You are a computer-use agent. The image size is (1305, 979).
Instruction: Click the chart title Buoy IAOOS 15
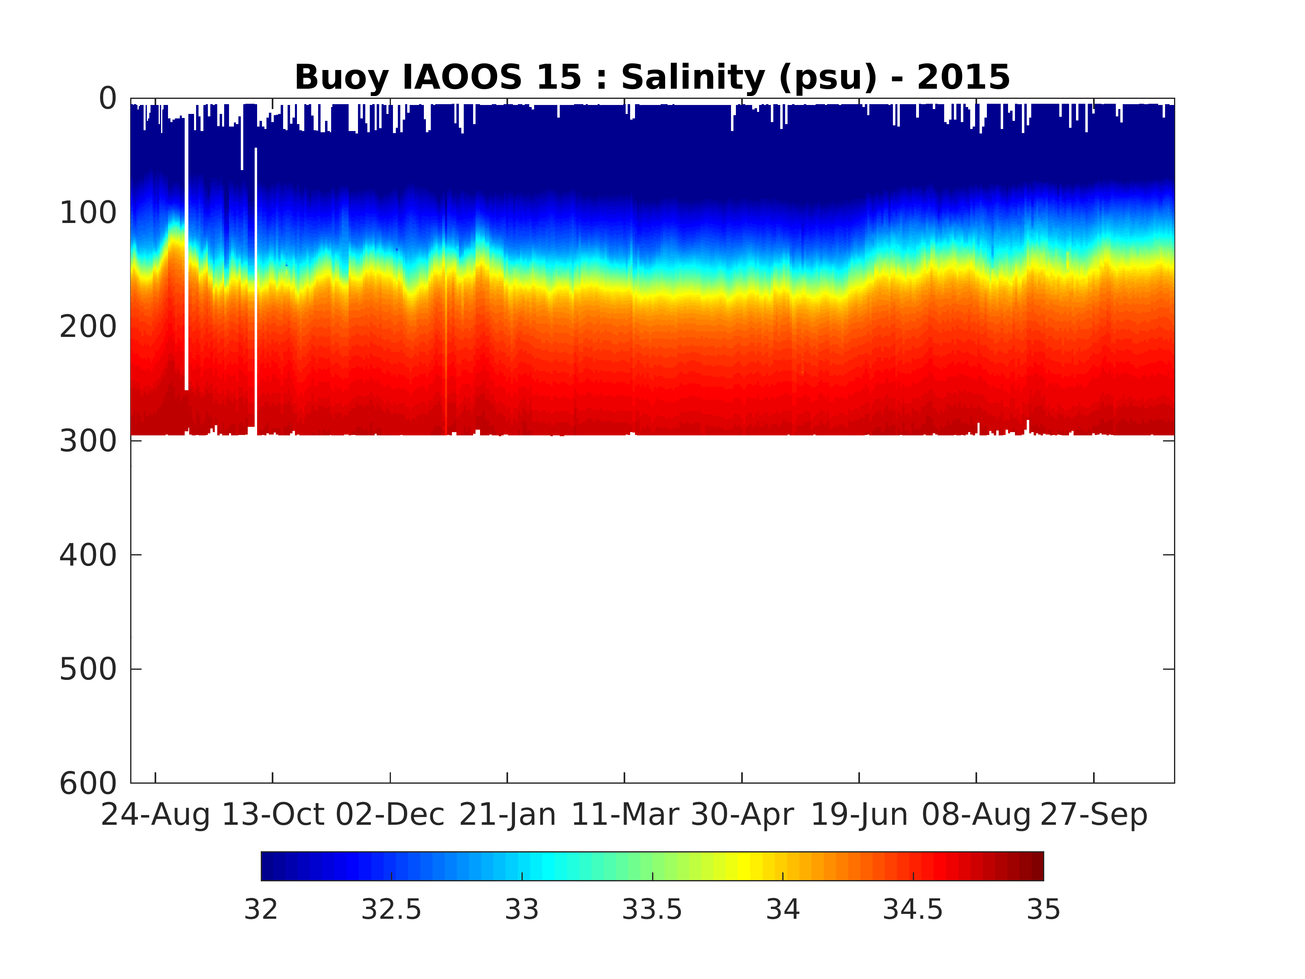(x=438, y=77)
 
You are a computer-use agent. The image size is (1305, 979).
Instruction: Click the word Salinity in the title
(x=693, y=77)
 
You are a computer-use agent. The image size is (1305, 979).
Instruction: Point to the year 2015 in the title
(x=963, y=77)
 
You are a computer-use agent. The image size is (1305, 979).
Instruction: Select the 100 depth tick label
(x=89, y=213)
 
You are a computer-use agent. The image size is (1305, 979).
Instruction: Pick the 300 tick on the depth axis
(x=89, y=441)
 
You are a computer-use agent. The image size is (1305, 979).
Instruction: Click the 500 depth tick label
(x=89, y=670)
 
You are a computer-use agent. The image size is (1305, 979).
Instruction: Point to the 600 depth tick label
(x=89, y=784)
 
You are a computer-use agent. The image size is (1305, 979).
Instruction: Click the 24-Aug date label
(x=155, y=815)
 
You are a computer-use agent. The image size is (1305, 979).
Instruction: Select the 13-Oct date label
(x=273, y=815)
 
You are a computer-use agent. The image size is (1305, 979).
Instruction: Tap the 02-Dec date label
(x=390, y=815)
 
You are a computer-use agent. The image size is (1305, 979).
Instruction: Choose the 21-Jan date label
(x=507, y=815)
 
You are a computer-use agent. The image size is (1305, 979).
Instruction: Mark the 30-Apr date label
(x=742, y=815)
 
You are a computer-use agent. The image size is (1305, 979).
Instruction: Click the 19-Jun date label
(x=859, y=815)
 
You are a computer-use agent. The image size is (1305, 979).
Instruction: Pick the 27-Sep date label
(x=1094, y=815)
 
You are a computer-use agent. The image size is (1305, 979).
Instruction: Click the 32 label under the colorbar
(x=261, y=910)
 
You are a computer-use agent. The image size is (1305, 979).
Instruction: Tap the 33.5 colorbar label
(x=652, y=910)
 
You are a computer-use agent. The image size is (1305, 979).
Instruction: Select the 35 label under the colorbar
(x=1044, y=910)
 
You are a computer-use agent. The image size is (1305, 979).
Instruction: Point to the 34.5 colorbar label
(x=913, y=910)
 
